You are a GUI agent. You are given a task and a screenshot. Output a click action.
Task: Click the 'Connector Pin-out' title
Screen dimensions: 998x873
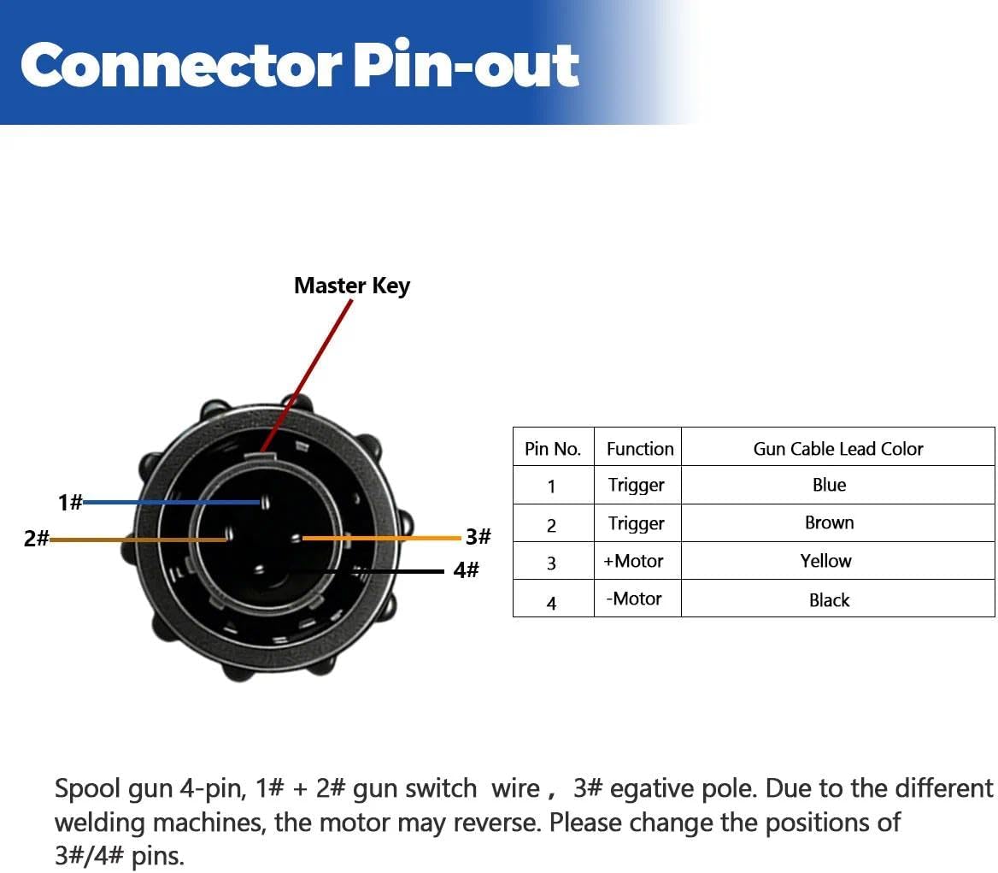pyautogui.click(x=300, y=65)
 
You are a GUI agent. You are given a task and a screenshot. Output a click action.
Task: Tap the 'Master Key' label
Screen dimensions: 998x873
pyautogui.click(x=352, y=286)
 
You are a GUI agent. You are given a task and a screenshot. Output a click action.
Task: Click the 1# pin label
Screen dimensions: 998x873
pyautogui.click(x=70, y=503)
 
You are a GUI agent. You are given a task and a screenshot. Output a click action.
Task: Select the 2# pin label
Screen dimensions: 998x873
pyautogui.click(x=36, y=539)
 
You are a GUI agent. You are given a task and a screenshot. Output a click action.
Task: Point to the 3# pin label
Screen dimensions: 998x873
pyautogui.click(x=478, y=536)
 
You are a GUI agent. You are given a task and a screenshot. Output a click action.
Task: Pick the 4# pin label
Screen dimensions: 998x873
pyautogui.click(x=466, y=570)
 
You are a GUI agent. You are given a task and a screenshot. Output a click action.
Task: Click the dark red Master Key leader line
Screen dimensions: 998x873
pyautogui.click(x=306, y=375)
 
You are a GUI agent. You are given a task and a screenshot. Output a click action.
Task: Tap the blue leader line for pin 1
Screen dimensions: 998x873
pyautogui.click(x=172, y=503)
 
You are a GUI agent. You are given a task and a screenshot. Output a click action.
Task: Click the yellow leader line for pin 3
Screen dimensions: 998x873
pyautogui.click(x=381, y=538)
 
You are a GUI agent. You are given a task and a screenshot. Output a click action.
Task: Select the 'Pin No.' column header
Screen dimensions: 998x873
pyautogui.click(x=553, y=449)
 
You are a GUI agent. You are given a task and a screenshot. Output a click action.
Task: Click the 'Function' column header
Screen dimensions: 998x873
pyautogui.click(x=640, y=449)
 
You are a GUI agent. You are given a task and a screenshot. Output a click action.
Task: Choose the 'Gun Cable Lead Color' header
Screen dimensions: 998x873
pyautogui.click(x=838, y=449)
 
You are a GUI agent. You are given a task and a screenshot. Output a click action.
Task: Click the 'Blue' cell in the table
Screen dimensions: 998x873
pyautogui.click(x=830, y=485)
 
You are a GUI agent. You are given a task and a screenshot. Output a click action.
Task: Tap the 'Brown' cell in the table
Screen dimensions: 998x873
pyautogui.click(x=830, y=522)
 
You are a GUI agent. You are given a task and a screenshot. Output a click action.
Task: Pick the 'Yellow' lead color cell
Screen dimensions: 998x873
pyautogui.click(x=826, y=561)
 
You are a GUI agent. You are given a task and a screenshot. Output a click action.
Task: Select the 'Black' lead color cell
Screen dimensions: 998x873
pyautogui.click(x=830, y=600)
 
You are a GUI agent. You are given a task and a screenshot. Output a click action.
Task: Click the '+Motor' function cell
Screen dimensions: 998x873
pyautogui.click(x=633, y=561)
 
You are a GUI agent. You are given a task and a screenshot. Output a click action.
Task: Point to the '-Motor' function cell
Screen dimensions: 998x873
pyautogui.click(x=634, y=599)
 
